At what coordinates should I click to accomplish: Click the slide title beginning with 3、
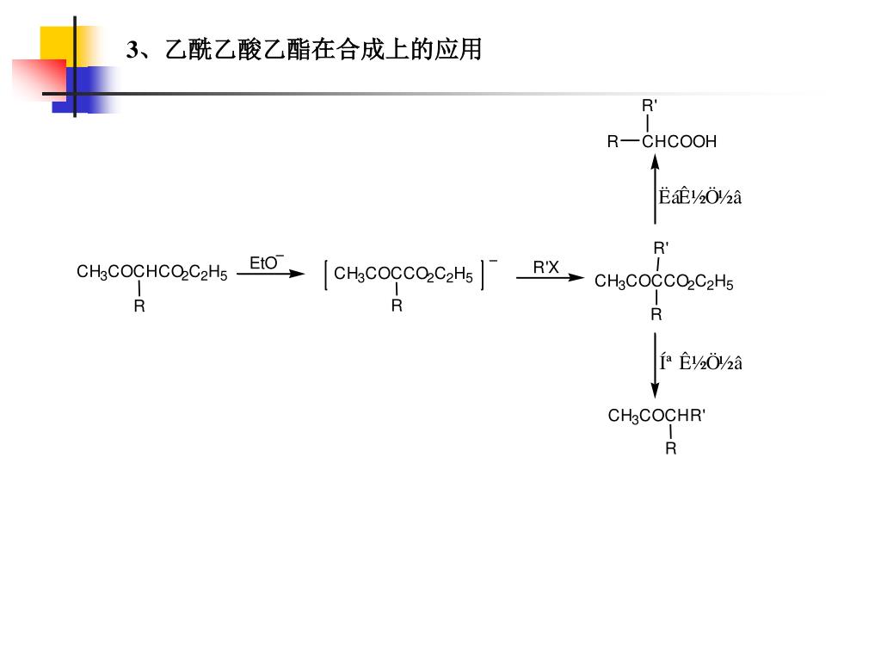(304, 50)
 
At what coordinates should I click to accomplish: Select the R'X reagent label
(545, 268)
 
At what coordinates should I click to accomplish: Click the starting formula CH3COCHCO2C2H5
(152, 274)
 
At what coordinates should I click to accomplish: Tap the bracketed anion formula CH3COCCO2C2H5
(404, 275)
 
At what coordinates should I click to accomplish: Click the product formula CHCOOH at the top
(679, 142)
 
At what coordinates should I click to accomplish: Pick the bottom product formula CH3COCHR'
(656, 417)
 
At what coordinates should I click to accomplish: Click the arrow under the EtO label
(271, 274)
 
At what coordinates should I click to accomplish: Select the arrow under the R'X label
(550, 278)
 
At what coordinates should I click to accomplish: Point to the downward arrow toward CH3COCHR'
(655, 364)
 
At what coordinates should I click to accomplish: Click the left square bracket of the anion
(327, 275)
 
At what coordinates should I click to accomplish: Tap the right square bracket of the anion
(484, 275)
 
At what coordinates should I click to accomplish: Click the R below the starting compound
(139, 306)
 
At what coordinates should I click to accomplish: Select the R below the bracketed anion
(397, 306)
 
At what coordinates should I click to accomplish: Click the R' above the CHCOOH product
(650, 106)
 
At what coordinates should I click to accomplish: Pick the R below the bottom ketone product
(671, 448)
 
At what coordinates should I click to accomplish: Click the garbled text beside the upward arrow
(700, 197)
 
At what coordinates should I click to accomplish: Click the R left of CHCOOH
(613, 142)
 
